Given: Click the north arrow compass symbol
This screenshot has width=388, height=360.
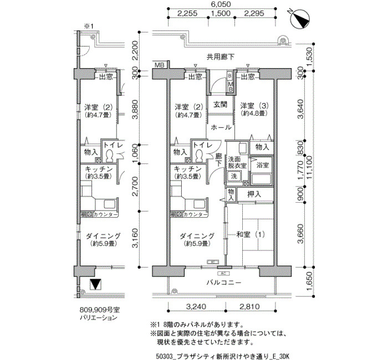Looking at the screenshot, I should tap(302, 19).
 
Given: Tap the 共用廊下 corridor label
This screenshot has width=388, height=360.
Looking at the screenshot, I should tap(221, 56).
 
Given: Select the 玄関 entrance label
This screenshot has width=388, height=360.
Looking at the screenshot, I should tap(220, 105).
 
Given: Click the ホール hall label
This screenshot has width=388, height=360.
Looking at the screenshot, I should tap(221, 127).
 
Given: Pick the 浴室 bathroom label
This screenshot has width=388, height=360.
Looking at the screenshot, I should tap(262, 165).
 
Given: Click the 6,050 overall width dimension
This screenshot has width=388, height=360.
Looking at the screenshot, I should tap(221, 4).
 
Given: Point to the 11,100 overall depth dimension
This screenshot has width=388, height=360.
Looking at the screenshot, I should tap(314, 172).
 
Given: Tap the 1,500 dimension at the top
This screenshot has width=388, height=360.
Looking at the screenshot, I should tap(220, 14).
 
